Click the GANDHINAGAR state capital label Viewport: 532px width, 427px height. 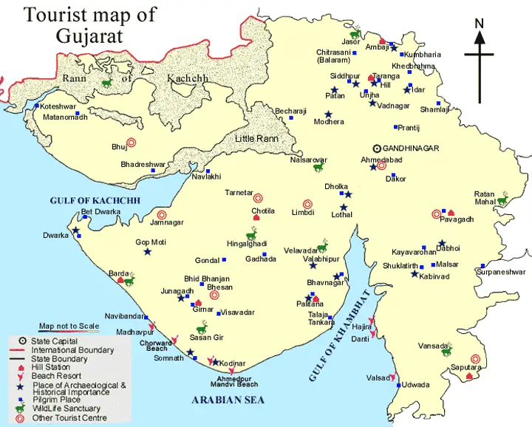tap(412, 148)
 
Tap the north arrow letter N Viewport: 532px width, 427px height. tap(479, 23)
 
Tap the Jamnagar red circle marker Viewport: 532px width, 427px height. tap(162, 215)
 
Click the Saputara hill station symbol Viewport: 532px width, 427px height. tap(468, 376)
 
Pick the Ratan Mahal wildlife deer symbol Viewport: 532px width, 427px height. tap(504, 198)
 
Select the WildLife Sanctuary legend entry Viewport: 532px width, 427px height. tap(66, 409)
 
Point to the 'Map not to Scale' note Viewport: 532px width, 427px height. tap(69, 327)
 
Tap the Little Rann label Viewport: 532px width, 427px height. tap(256, 138)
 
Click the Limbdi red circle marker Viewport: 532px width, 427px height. tap(307, 204)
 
